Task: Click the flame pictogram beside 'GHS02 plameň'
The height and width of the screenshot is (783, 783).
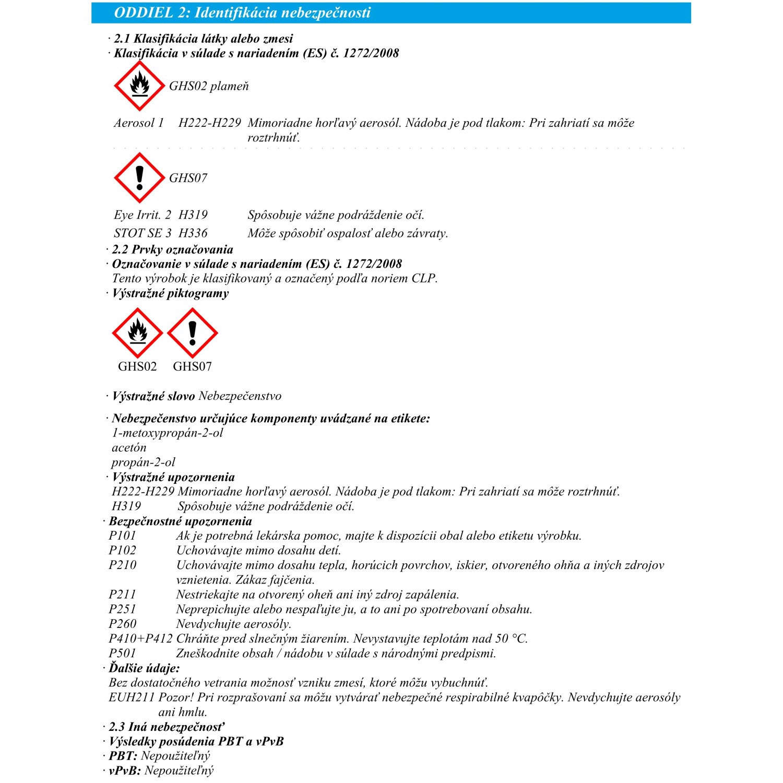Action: (139, 86)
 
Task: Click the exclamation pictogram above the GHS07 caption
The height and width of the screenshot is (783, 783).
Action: (192, 333)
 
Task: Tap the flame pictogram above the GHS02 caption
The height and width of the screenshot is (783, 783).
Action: (137, 333)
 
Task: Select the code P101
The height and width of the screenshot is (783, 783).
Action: (122, 536)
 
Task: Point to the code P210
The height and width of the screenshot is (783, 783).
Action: (122, 565)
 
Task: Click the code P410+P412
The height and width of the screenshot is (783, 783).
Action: (140, 638)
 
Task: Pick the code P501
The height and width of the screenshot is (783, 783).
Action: (122, 653)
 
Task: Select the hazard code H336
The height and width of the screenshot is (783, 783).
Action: (193, 233)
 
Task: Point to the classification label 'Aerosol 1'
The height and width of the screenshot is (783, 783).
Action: (139, 123)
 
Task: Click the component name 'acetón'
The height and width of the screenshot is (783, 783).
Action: (129, 447)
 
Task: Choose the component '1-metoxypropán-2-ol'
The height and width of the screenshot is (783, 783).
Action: (167, 433)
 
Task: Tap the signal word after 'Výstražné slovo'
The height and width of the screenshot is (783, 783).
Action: (240, 396)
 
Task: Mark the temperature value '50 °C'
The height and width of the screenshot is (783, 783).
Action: (511, 638)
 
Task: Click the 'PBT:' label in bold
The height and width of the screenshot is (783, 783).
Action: (123, 756)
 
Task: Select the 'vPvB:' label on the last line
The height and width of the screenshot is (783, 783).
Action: (125, 770)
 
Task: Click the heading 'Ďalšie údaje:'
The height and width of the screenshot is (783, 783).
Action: (144, 668)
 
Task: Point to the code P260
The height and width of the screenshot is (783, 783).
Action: (122, 624)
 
